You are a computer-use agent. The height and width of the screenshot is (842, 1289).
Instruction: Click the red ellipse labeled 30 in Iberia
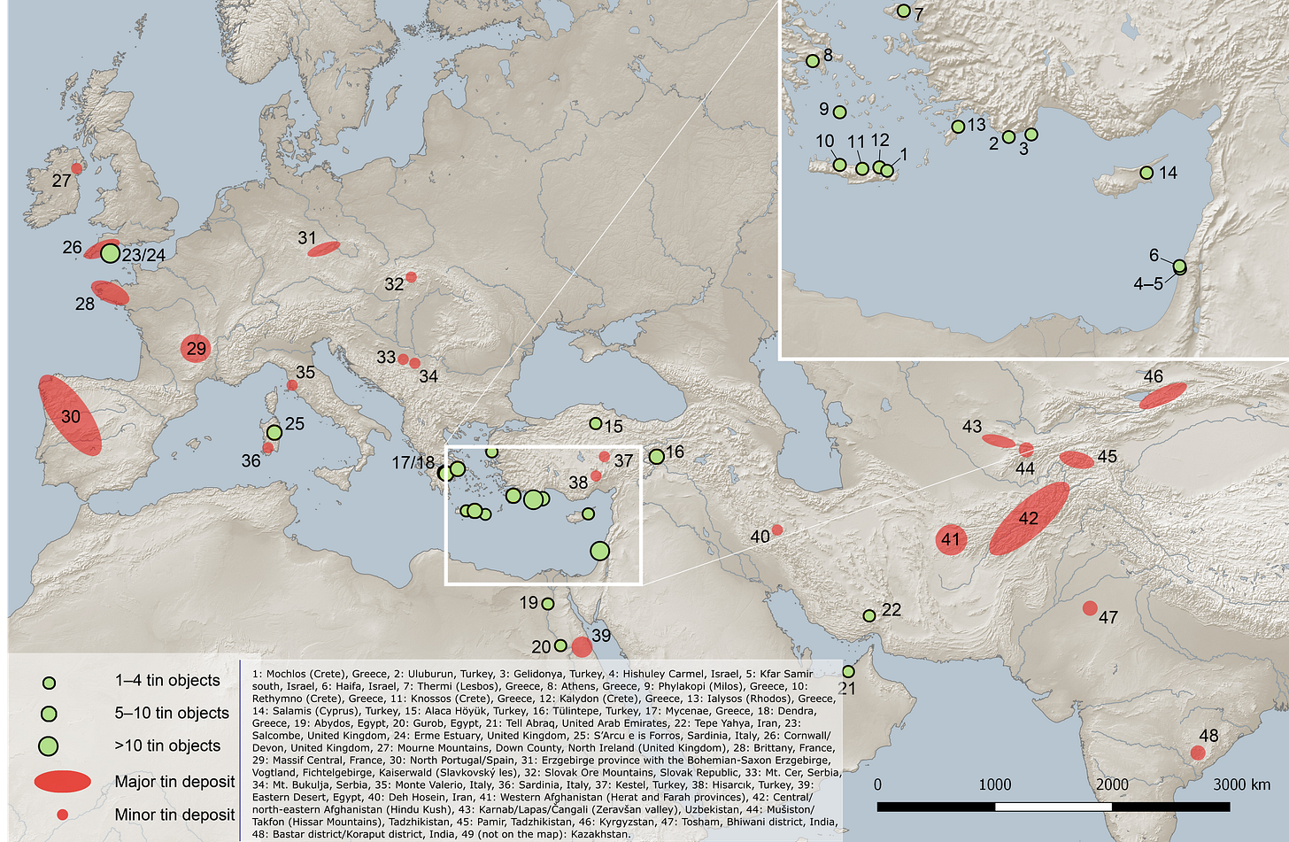coord(70,415)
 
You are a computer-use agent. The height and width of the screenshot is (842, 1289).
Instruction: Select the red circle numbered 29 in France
coord(196,348)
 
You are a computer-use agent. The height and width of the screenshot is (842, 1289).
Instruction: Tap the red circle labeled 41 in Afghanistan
coord(950,539)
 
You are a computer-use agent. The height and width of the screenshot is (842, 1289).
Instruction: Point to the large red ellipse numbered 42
coord(1028,518)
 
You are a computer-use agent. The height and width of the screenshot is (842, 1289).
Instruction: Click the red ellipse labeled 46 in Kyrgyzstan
coord(1162,395)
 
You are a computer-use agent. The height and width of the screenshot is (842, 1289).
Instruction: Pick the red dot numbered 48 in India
coord(1198,753)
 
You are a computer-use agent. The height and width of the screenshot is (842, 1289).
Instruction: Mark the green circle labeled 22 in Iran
coord(869,615)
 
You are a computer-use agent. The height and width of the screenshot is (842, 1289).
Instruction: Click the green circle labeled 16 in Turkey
coord(656,457)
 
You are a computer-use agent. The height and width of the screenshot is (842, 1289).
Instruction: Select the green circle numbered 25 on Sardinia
coord(274,432)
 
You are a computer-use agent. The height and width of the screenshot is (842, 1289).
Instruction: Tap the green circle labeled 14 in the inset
coord(1146,173)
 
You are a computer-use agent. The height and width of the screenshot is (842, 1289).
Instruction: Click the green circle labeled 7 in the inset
coord(903,12)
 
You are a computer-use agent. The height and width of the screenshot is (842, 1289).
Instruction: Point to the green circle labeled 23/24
coord(110,253)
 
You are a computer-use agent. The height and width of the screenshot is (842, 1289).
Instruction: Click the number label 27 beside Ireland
coord(61,181)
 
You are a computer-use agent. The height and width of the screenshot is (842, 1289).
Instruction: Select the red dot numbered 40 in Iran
coord(777,529)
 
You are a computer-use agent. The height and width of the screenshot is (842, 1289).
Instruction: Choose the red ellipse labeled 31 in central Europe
coord(323,249)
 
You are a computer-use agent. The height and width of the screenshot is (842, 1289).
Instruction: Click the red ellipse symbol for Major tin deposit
coord(63,781)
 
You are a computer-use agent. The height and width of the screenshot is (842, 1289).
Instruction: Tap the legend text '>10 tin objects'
coord(167,745)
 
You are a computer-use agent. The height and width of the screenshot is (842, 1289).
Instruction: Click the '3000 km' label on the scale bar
coord(1241,784)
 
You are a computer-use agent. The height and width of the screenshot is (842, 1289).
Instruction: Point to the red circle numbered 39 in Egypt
coord(581,646)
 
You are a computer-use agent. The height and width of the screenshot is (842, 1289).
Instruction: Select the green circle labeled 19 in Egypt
coord(547,604)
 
